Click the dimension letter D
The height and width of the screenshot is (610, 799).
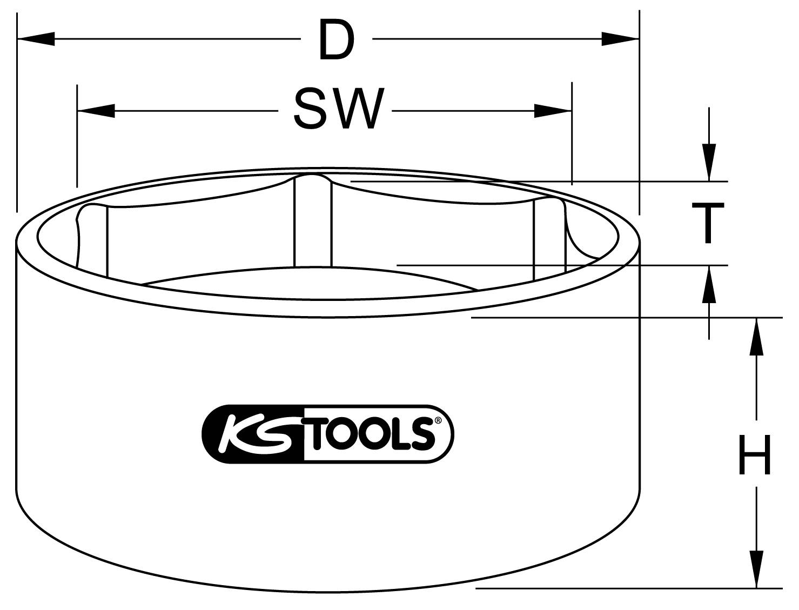pyautogui.click(x=336, y=39)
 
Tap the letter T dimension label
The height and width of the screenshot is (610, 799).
pyautogui.click(x=708, y=223)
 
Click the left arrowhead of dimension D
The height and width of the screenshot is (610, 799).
pyautogui.click(x=36, y=39)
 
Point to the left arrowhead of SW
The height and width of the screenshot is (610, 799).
pyautogui.click(x=96, y=111)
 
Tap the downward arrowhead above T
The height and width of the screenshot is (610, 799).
pyautogui.click(x=709, y=162)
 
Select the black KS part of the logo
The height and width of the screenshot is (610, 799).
pyautogui.click(x=254, y=434)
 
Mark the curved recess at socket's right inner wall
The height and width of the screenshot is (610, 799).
pyautogui.click(x=581, y=238)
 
